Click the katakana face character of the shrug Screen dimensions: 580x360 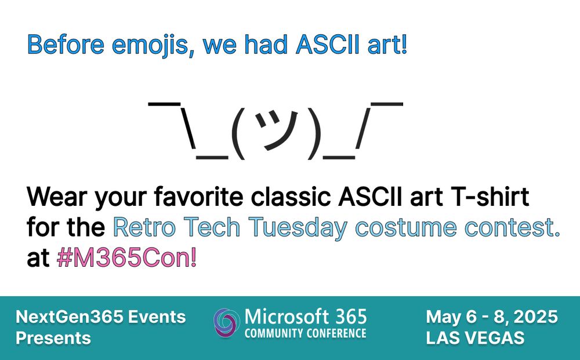coord(277,130)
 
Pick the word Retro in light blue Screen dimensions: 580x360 coord(144,227)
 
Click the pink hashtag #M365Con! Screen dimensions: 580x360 coord(126,257)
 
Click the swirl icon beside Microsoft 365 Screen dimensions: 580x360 coord(225,323)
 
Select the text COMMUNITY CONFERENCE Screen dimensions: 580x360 coord(305,333)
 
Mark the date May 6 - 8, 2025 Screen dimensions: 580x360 coord(492,317)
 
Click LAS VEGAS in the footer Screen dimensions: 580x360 coord(475,338)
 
